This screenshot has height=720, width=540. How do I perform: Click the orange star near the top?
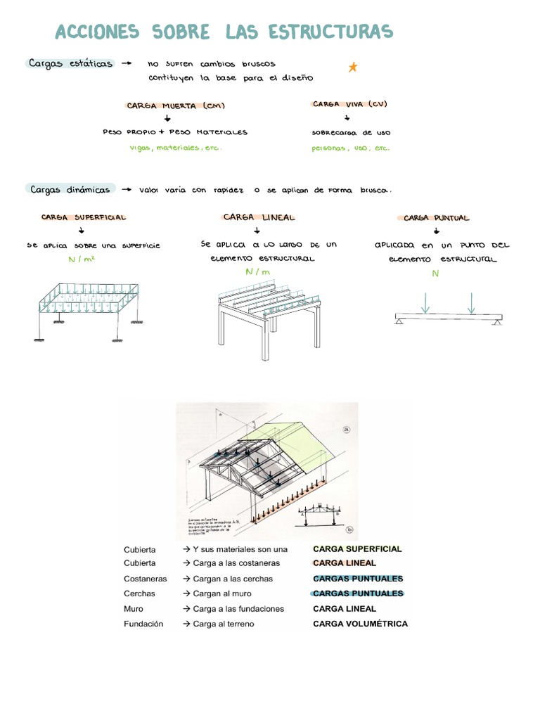pos(353,67)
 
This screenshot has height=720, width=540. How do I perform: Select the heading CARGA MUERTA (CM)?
pos(176,106)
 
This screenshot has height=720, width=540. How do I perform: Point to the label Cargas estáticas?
pos(70,63)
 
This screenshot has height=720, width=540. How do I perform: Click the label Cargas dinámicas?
pos(70,189)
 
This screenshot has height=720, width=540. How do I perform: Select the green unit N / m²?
pos(82,259)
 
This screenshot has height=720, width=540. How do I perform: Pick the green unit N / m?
pos(258,271)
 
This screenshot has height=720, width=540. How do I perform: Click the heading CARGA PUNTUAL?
pos(436,218)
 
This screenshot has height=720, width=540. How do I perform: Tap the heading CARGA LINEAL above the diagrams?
pos(259,218)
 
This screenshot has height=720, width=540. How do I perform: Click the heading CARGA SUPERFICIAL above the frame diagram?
pos(83,218)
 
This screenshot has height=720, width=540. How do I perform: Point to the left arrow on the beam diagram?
pos(425,303)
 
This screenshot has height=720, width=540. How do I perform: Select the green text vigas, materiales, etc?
pos(176,148)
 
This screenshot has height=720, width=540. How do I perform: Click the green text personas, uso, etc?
pos(350,148)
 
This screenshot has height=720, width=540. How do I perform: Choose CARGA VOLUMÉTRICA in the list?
pos(360,624)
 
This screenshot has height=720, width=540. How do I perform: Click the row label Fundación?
pos(143,624)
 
